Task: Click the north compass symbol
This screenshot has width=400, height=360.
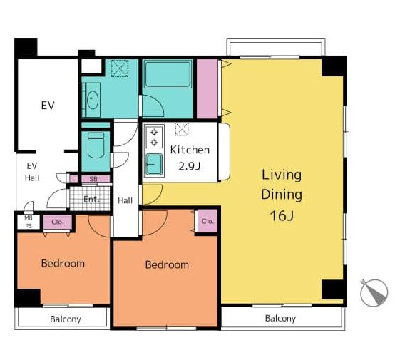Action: point(374,292)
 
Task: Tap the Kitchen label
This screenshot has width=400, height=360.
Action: point(190,150)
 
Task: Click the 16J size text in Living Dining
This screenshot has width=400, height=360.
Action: point(282,215)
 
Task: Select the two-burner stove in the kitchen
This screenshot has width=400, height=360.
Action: point(154,137)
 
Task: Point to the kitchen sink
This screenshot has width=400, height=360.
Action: point(154,164)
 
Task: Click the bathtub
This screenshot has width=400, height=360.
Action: point(168,73)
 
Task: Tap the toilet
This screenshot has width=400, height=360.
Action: point(96,145)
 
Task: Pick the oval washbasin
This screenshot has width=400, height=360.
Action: point(93,100)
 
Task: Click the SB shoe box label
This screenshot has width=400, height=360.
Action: point(93,179)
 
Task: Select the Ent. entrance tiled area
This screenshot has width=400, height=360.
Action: point(90,198)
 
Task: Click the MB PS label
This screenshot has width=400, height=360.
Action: point(29,222)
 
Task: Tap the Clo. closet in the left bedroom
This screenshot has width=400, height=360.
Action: point(58,222)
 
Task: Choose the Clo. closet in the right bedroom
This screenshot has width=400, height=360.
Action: point(207,221)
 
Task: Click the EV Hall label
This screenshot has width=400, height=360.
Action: point(32,172)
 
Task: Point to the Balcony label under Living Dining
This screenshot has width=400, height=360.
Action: point(280,318)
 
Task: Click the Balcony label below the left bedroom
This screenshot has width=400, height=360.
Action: point(66,319)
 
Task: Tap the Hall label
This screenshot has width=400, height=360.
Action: point(125,200)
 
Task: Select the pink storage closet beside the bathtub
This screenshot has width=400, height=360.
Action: point(207,89)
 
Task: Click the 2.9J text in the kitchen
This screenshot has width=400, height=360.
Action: point(189,166)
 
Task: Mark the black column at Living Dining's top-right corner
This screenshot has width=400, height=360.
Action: point(334,66)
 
